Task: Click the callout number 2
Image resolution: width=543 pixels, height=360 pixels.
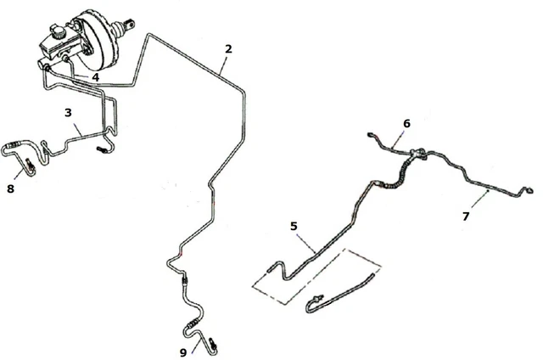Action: pos(227,48)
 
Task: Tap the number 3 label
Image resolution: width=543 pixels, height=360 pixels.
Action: pos(68,111)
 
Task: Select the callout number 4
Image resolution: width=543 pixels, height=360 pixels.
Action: pos(96,77)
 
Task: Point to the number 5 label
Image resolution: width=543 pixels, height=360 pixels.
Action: pos(294,227)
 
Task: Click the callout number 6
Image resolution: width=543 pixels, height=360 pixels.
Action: pos(406,124)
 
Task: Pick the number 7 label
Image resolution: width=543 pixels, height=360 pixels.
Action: pos(465,217)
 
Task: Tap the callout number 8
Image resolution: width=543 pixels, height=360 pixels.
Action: pos(10,189)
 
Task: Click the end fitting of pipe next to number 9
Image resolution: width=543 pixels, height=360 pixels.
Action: pos(213,345)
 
